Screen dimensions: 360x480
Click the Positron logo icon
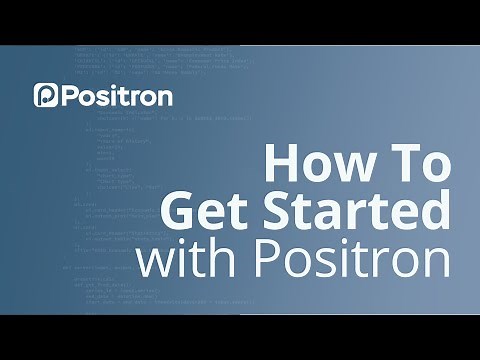point(46,96)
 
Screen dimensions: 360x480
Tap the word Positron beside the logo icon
point(116,96)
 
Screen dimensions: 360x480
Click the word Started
point(357,212)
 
